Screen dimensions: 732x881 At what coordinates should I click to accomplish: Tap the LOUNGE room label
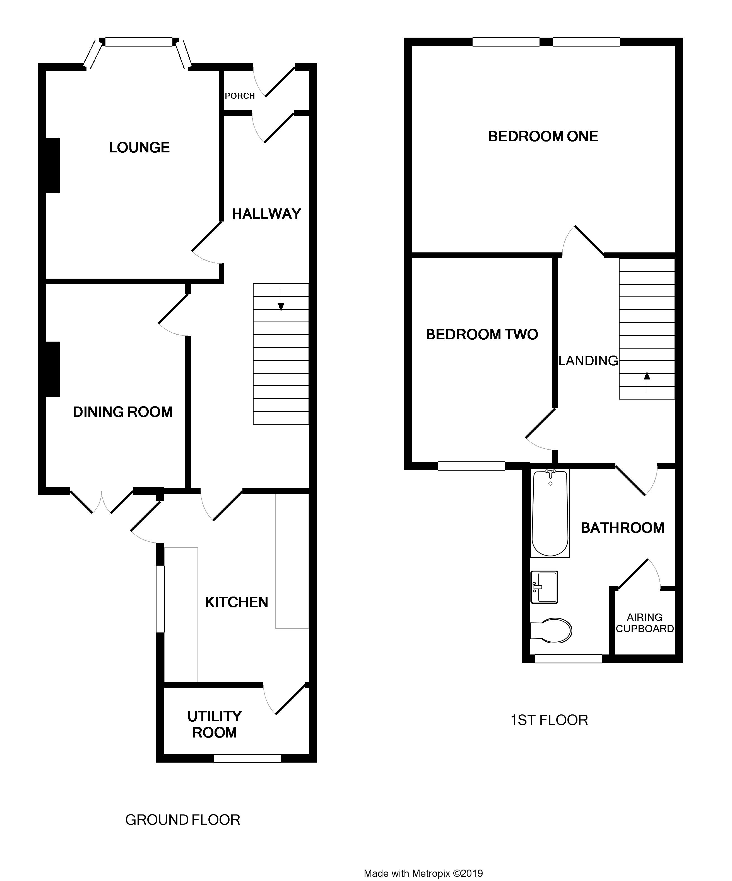[x=139, y=148]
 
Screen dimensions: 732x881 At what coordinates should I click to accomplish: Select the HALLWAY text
[x=267, y=214]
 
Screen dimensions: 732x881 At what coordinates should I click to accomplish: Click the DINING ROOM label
[x=123, y=412]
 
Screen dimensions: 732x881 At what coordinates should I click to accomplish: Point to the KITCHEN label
[x=237, y=602]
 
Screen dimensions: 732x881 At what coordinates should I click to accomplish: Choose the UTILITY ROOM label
[x=215, y=724]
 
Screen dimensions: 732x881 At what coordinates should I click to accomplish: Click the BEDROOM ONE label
[x=543, y=136]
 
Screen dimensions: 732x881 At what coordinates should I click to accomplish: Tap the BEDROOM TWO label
[x=482, y=334]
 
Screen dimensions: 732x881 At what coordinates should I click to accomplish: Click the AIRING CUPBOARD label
[x=645, y=623]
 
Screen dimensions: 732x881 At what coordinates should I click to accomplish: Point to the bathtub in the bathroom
[x=550, y=513]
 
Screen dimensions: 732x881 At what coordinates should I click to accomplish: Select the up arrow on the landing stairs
[x=647, y=382]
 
